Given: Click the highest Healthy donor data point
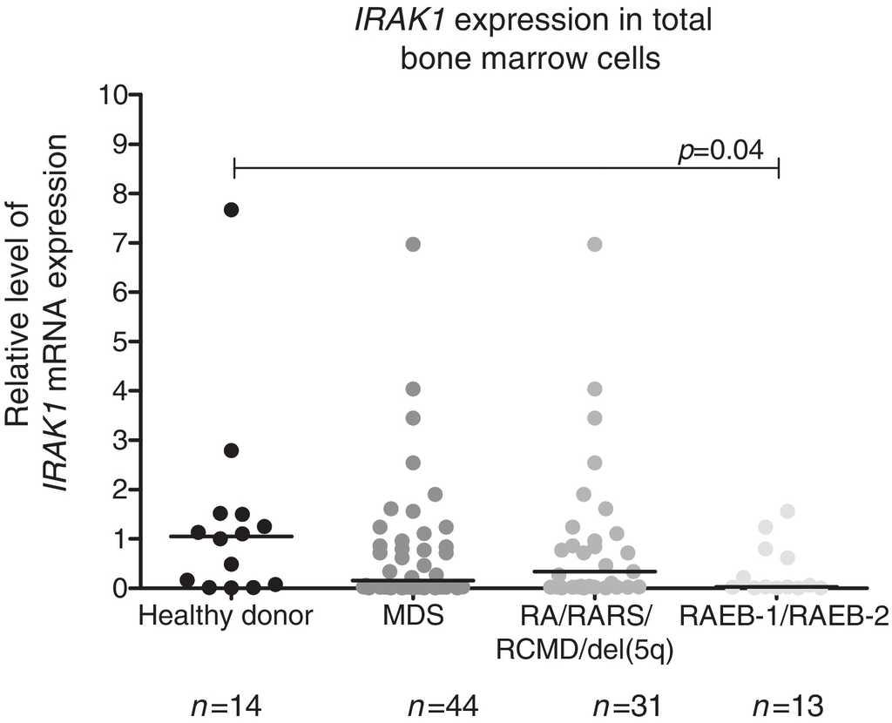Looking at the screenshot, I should coord(231,209).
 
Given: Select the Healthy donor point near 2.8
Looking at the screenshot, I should coord(231,450).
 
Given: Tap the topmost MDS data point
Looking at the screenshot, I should coord(414,244).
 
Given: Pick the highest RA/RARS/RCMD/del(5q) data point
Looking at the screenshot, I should coord(595,244).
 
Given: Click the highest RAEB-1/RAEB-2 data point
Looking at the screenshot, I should coord(788,511).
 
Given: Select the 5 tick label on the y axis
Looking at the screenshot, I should coord(120,341).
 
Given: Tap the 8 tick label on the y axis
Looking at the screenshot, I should coord(120,193).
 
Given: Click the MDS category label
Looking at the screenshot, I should coord(413,618).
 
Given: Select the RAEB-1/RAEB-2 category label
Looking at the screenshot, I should coord(784,618).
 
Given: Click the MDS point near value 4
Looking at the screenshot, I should coord(414,389).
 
